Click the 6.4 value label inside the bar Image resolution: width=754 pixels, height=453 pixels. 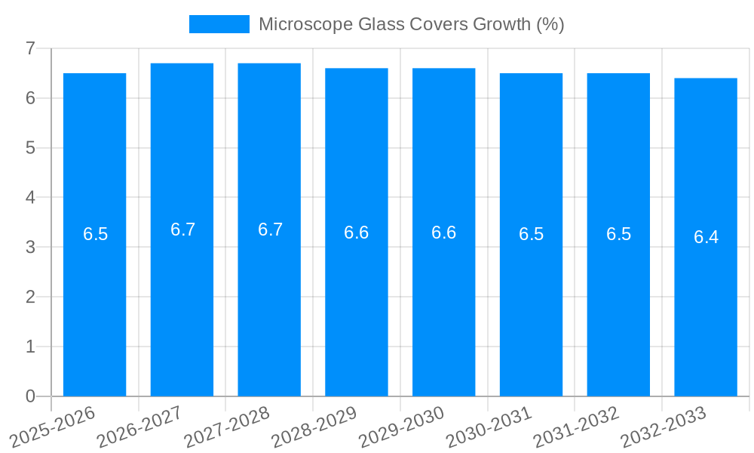point(706,237)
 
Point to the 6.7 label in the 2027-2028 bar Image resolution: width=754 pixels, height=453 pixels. point(270,230)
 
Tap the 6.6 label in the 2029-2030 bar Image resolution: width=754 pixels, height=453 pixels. point(443,233)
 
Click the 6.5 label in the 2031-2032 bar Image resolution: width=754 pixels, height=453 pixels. point(618,234)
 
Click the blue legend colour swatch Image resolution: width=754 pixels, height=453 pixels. point(219,24)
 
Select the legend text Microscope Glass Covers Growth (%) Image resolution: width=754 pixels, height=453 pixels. point(411,24)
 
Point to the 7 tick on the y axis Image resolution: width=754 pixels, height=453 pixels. point(30,48)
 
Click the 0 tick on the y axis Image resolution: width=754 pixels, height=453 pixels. point(30,396)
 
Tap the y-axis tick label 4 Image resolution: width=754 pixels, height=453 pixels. point(30,197)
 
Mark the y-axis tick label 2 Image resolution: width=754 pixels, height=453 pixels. point(30,297)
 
